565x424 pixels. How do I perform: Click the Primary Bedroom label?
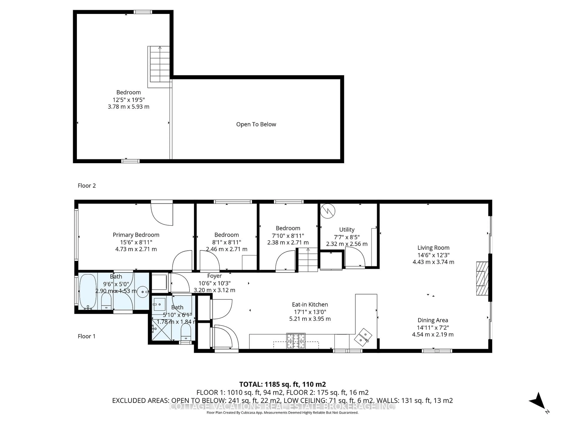pyautogui.click(x=136, y=235)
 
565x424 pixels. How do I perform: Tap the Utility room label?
pyautogui.click(x=347, y=230)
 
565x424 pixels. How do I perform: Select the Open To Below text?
pyautogui.click(x=256, y=124)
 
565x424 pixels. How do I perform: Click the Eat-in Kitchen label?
pyautogui.click(x=310, y=304)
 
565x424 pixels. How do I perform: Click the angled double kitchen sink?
pyautogui.click(x=363, y=337)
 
